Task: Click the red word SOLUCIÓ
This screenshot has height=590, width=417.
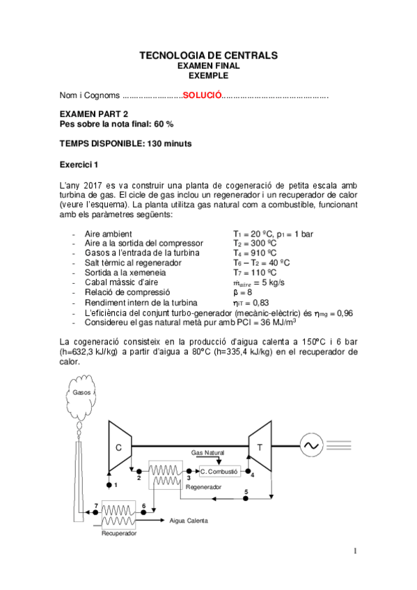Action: pos(202,95)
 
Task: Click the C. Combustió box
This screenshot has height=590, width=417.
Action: pos(219,471)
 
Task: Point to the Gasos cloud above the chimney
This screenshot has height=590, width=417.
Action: pos(83,392)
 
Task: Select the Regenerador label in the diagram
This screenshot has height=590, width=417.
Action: pos(203,487)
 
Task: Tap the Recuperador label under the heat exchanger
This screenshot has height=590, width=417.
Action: pos(119,534)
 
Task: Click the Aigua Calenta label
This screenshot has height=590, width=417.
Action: pos(189,520)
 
